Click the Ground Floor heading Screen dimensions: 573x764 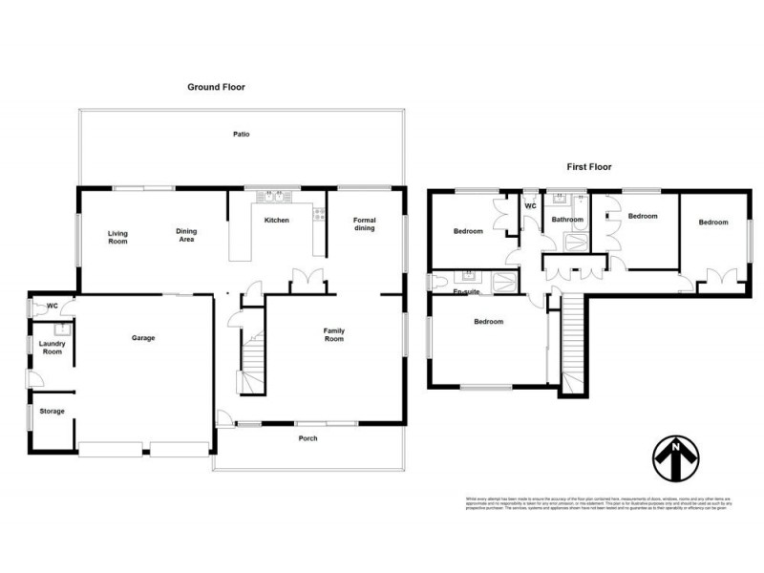[215, 87]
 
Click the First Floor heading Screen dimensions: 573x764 [588, 166]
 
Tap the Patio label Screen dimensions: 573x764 [242, 135]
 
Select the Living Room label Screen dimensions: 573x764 [117, 237]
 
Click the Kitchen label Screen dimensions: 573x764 [276, 221]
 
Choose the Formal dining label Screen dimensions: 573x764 [364, 224]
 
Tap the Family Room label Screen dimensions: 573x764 [333, 334]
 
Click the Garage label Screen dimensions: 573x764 [143, 338]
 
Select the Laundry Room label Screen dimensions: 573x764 [51, 348]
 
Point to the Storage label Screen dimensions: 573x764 [53, 412]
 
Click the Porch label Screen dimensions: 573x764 [308, 438]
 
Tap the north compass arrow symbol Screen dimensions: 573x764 [675, 460]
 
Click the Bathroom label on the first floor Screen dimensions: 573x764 [567, 220]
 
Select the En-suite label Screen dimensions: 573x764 [466, 290]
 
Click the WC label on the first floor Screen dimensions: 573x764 [530, 205]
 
